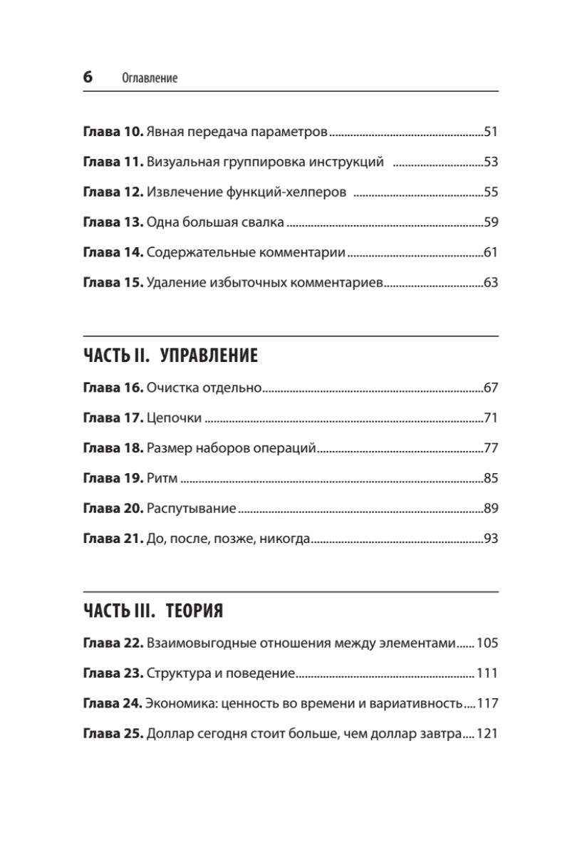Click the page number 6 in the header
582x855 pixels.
[x=88, y=78]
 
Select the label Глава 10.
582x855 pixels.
[x=114, y=132]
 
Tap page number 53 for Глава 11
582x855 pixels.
[x=490, y=162]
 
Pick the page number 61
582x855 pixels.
[x=490, y=252]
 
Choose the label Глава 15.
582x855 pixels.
[x=114, y=282]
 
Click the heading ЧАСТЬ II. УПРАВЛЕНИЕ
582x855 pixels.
[x=170, y=356]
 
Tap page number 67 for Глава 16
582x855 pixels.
[x=490, y=388]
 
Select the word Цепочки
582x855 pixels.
[x=175, y=418]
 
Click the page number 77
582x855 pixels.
[x=490, y=448]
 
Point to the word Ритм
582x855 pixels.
[x=162, y=478]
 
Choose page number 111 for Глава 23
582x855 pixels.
[x=487, y=673]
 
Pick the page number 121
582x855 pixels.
[x=487, y=733]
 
